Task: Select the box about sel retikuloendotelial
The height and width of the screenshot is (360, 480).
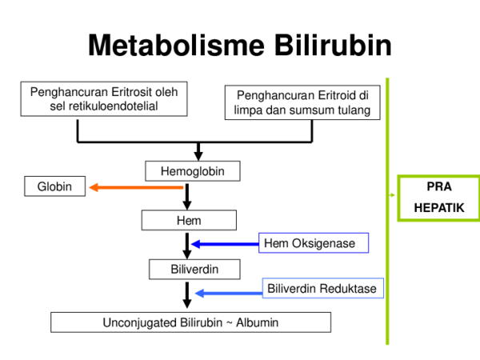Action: point(104,99)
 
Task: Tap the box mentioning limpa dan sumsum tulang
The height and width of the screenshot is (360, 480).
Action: point(302,103)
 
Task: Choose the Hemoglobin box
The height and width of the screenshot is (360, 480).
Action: point(193,170)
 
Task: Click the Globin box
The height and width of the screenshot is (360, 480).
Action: point(54,187)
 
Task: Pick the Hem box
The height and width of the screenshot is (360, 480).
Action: point(189,220)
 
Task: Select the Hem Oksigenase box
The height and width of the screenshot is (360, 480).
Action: point(314,242)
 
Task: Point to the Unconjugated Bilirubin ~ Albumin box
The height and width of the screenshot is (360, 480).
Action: point(190,322)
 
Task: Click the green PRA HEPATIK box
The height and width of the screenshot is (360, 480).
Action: point(438,198)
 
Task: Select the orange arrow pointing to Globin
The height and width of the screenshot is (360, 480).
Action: point(136,187)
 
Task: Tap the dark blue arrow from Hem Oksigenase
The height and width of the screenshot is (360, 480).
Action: point(224,244)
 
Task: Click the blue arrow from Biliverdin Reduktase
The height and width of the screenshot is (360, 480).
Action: point(229,294)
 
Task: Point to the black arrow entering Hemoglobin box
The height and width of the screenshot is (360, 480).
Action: point(198,151)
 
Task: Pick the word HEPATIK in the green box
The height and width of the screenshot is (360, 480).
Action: point(438,207)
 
